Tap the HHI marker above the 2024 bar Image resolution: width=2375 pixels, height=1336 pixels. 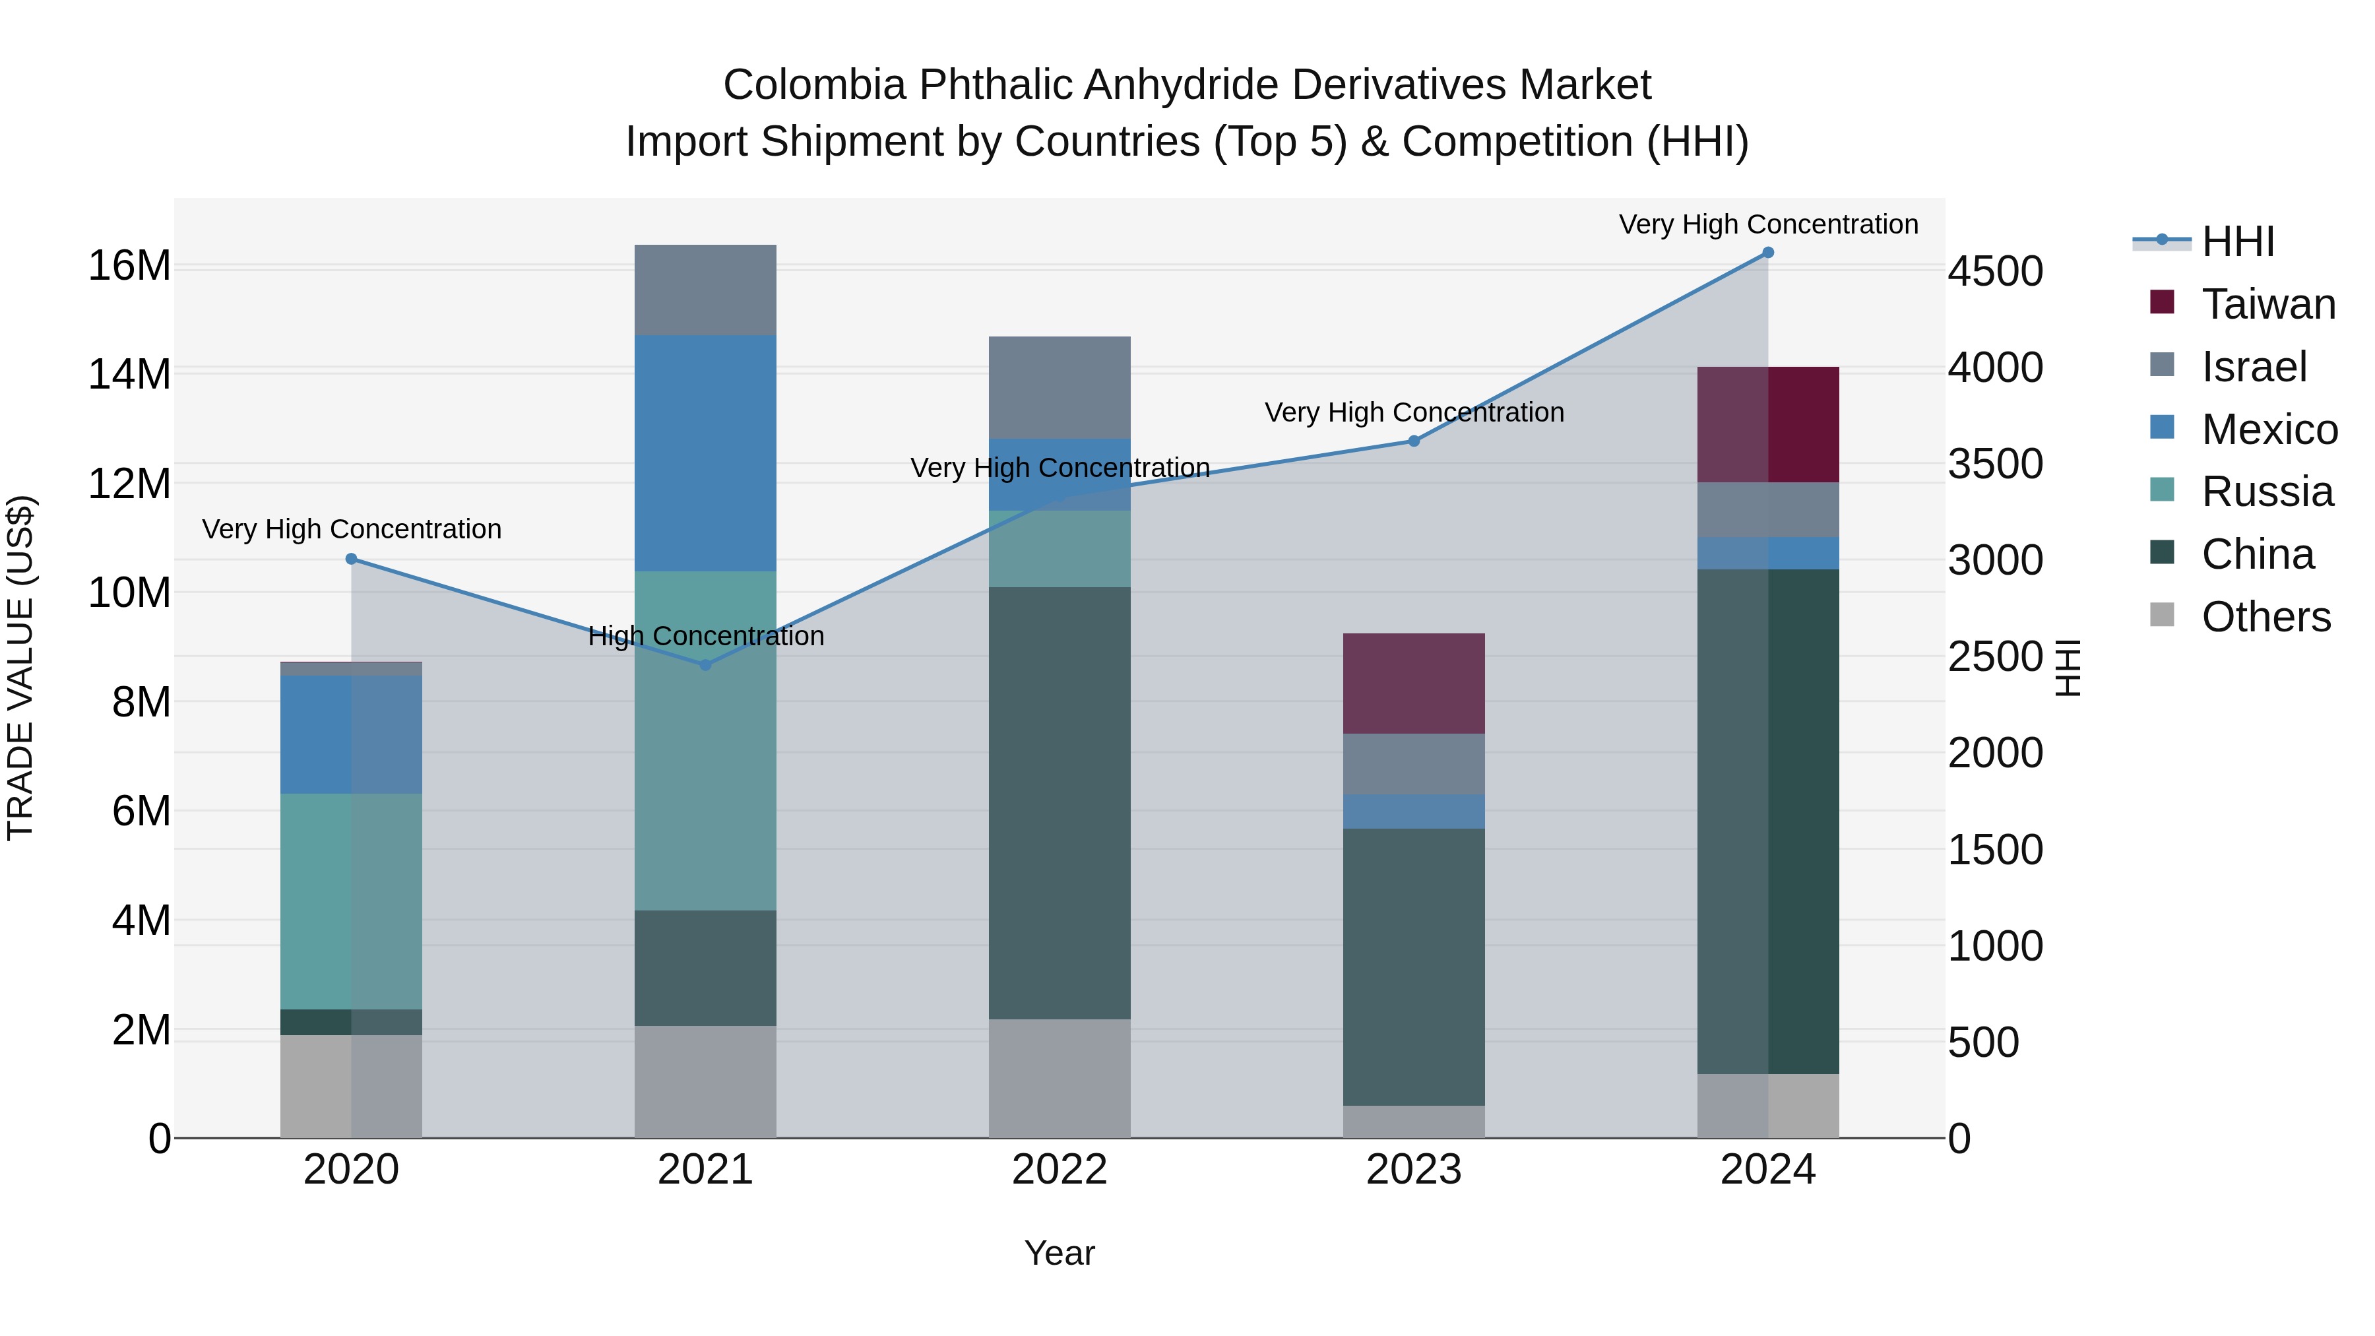pyautogui.click(x=1767, y=253)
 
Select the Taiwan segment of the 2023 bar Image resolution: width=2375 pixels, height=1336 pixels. pyautogui.click(x=1413, y=684)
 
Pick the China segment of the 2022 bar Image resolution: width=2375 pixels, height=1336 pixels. pyautogui.click(x=1060, y=802)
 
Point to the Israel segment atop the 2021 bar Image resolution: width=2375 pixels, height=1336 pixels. pyautogui.click(x=705, y=290)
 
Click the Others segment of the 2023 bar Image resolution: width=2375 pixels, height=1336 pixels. pyautogui.click(x=1413, y=1121)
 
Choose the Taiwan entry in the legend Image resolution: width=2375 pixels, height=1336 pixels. pyautogui.click(x=2268, y=304)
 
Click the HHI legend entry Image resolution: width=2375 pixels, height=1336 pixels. pyautogui.click(x=2238, y=241)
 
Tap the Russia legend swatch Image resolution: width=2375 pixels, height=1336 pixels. pyautogui.click(x=2162, y=490)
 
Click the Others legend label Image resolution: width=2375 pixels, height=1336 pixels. pyautogui.click(x=2266, y=617)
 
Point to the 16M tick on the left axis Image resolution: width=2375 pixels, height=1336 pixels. pyautogui.click(x=129, y=265)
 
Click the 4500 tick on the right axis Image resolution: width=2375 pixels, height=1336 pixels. pyautogui.click(x=1995, y=272)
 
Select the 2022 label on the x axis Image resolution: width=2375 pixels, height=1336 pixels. pyautogui.click(x=1060, y=1170)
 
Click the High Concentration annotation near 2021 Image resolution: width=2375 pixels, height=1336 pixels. pyautogui.click(x=705, y=635)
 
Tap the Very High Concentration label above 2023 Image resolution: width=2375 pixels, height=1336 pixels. pyautogui.click(x=1413, y=412)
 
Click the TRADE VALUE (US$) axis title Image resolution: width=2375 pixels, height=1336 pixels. pyautogui.click(x=20, y=668)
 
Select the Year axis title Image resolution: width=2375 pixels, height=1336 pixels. pyautogui.click(x=1060, y=1253)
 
